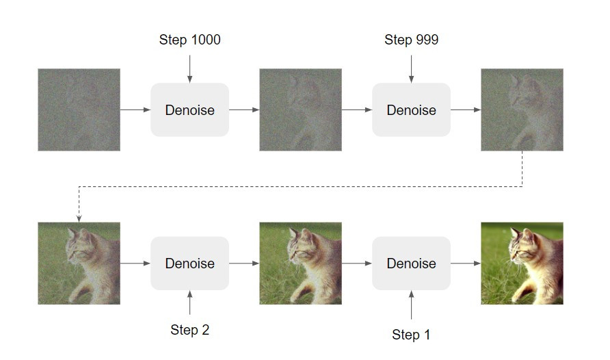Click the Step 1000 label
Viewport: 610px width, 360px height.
[x=189, y=40]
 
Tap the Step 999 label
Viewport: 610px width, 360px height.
[x=411, y=40]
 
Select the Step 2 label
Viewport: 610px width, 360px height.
[x=189, y=330]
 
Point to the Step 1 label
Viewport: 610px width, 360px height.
[x=411, y=335]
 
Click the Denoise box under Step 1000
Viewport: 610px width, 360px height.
[x=189, y=110]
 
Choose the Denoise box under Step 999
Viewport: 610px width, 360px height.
[x=411, y=110]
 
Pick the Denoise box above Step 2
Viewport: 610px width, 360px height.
[x=189, y=263]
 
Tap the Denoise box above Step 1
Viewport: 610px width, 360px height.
[x=411, y=263]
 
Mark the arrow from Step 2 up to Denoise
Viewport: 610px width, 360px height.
[x=189, y=303]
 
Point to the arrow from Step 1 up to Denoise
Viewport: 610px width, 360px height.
[x=411, y=305]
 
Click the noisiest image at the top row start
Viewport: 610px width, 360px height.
[x=79, y=110]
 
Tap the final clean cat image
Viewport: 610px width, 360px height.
[x=522, y=263]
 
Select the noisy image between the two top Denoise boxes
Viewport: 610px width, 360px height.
[x=300, y=110]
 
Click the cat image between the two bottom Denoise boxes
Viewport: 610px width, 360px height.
[x=300, y=263]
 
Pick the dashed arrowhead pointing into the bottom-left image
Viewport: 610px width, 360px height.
[x=79, y=218]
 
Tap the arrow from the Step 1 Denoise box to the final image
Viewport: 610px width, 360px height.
[x=466, y=263]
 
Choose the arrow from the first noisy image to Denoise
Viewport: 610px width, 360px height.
[x=135, y=110]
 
